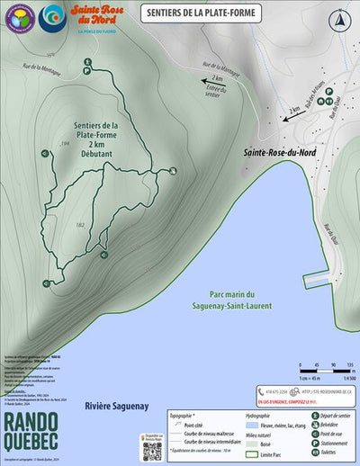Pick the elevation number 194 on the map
click(x=65, y=144)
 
